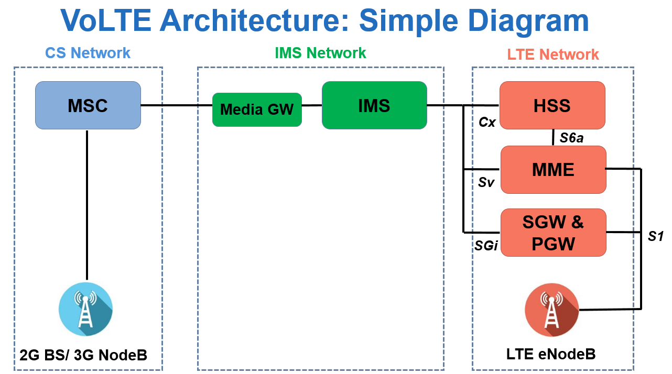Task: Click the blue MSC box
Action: click(x=88, y=105)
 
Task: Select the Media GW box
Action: click(x=257, y=109)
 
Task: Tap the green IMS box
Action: click(x=374, y=105)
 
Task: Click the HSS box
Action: click(x=552, y=105)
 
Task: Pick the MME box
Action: click(x=553, y=169)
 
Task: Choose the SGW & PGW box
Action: click(x=553, y=233)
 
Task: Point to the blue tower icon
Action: click(x=85, y=309)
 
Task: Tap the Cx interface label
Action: click(x=487, y=122)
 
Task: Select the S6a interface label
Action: click(x=571, y=138)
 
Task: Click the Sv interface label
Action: click(x=486, y=182)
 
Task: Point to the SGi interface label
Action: click(x=486, y=245)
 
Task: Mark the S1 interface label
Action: click(x=656, y=236)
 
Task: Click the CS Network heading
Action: click(x=88, y=53)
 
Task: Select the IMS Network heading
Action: click(x=320, y=53)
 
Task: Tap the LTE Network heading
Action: click(x=552, y=54)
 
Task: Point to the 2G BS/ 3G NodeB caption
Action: click(x=83, y=355)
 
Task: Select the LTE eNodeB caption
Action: click(x=551, y=354)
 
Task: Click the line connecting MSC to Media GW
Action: click(x=176, y=105)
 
